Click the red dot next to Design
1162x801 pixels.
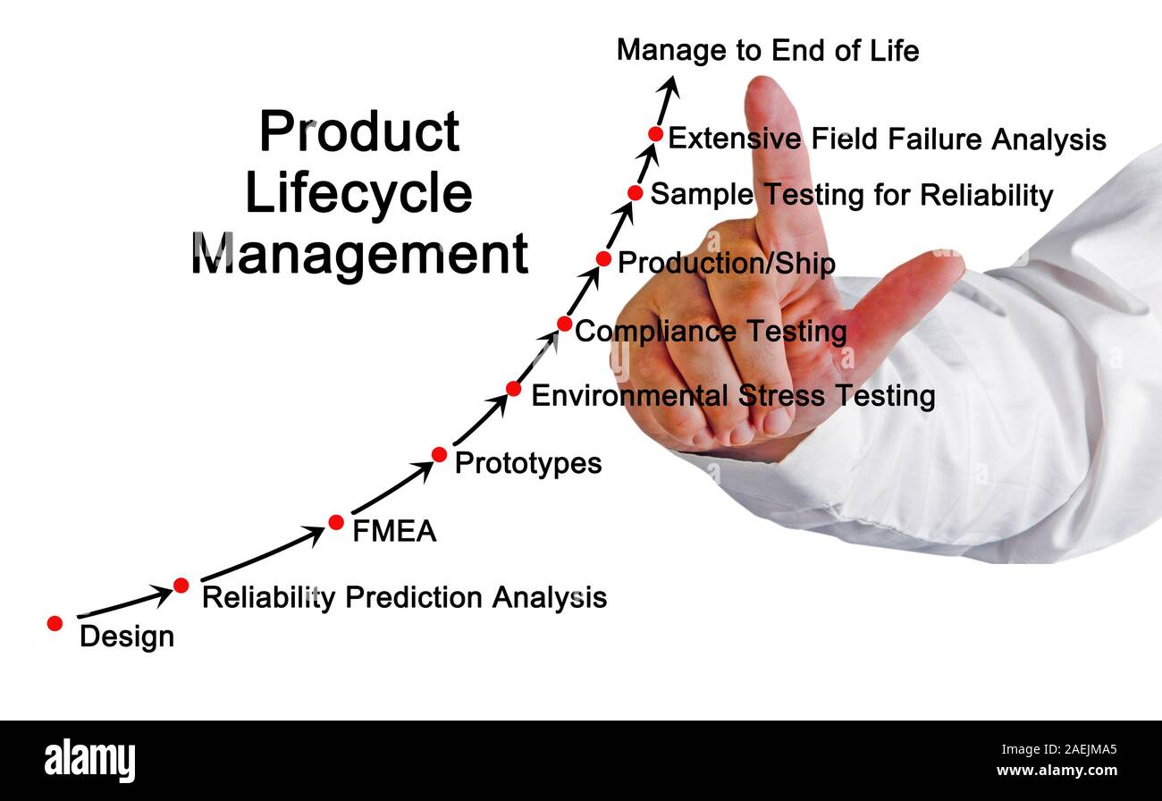[x=55, y=623]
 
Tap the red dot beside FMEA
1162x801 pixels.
[x=336, y=522]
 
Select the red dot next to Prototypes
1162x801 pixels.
[x=439, y=454]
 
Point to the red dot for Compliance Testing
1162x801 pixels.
[x=564, y=324]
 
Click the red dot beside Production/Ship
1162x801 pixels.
[x=603, y=258]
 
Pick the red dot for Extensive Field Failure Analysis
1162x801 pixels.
[x=655, y=134]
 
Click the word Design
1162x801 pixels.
[x=126, y=637]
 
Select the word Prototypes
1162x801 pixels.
[x=527, y=463]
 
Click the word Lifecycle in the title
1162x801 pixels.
[x=358, y=194]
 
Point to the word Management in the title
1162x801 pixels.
[x=359, y=254]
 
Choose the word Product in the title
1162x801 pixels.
[x=358, y=132]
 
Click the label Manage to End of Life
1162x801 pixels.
[x=767, y=51]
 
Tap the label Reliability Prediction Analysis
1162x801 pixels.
[x=404, y=597]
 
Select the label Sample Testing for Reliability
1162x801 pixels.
[x=851, y=195]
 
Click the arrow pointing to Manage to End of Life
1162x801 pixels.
[x=667, y=99]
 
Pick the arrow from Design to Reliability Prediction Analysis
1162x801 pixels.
[x=125, y=603]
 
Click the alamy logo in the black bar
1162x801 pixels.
[x=89, y=761]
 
